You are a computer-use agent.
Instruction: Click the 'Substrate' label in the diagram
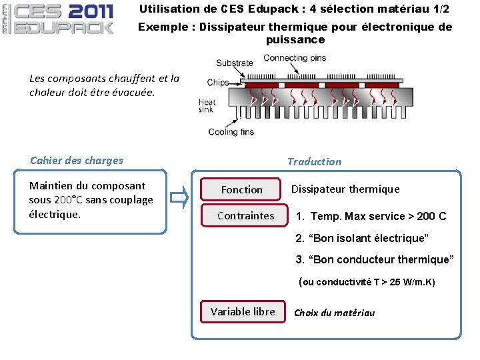tap(234, 64)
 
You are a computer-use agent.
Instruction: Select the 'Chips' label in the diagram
tap(217, 83)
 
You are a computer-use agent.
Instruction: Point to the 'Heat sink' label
tap(207, 106)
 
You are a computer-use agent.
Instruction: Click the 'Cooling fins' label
tap(231, 131)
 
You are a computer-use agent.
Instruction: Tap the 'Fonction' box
tap(242, 190)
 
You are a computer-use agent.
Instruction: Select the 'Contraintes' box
tap(246, 215)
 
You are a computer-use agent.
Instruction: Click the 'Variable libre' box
tap(243, 311)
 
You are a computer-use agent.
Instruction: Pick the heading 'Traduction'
tap(314, 161)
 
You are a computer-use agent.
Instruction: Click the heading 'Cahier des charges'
tap(77, 160)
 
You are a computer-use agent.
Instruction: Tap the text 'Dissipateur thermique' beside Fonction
tap(345, 189)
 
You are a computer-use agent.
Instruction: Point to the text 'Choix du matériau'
tap(334, 313)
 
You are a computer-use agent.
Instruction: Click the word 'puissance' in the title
tap(295, 39)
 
